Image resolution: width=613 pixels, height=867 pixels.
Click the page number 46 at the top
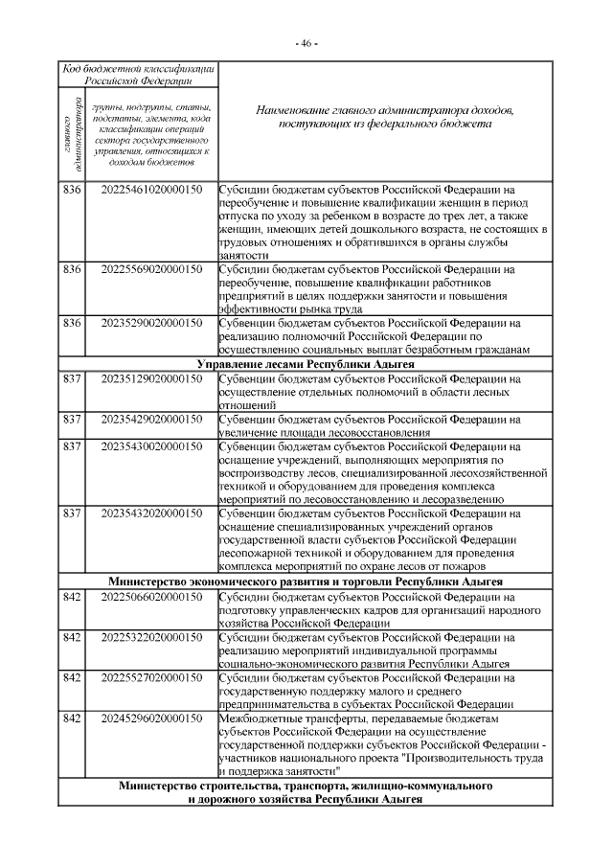coord(306,44)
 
